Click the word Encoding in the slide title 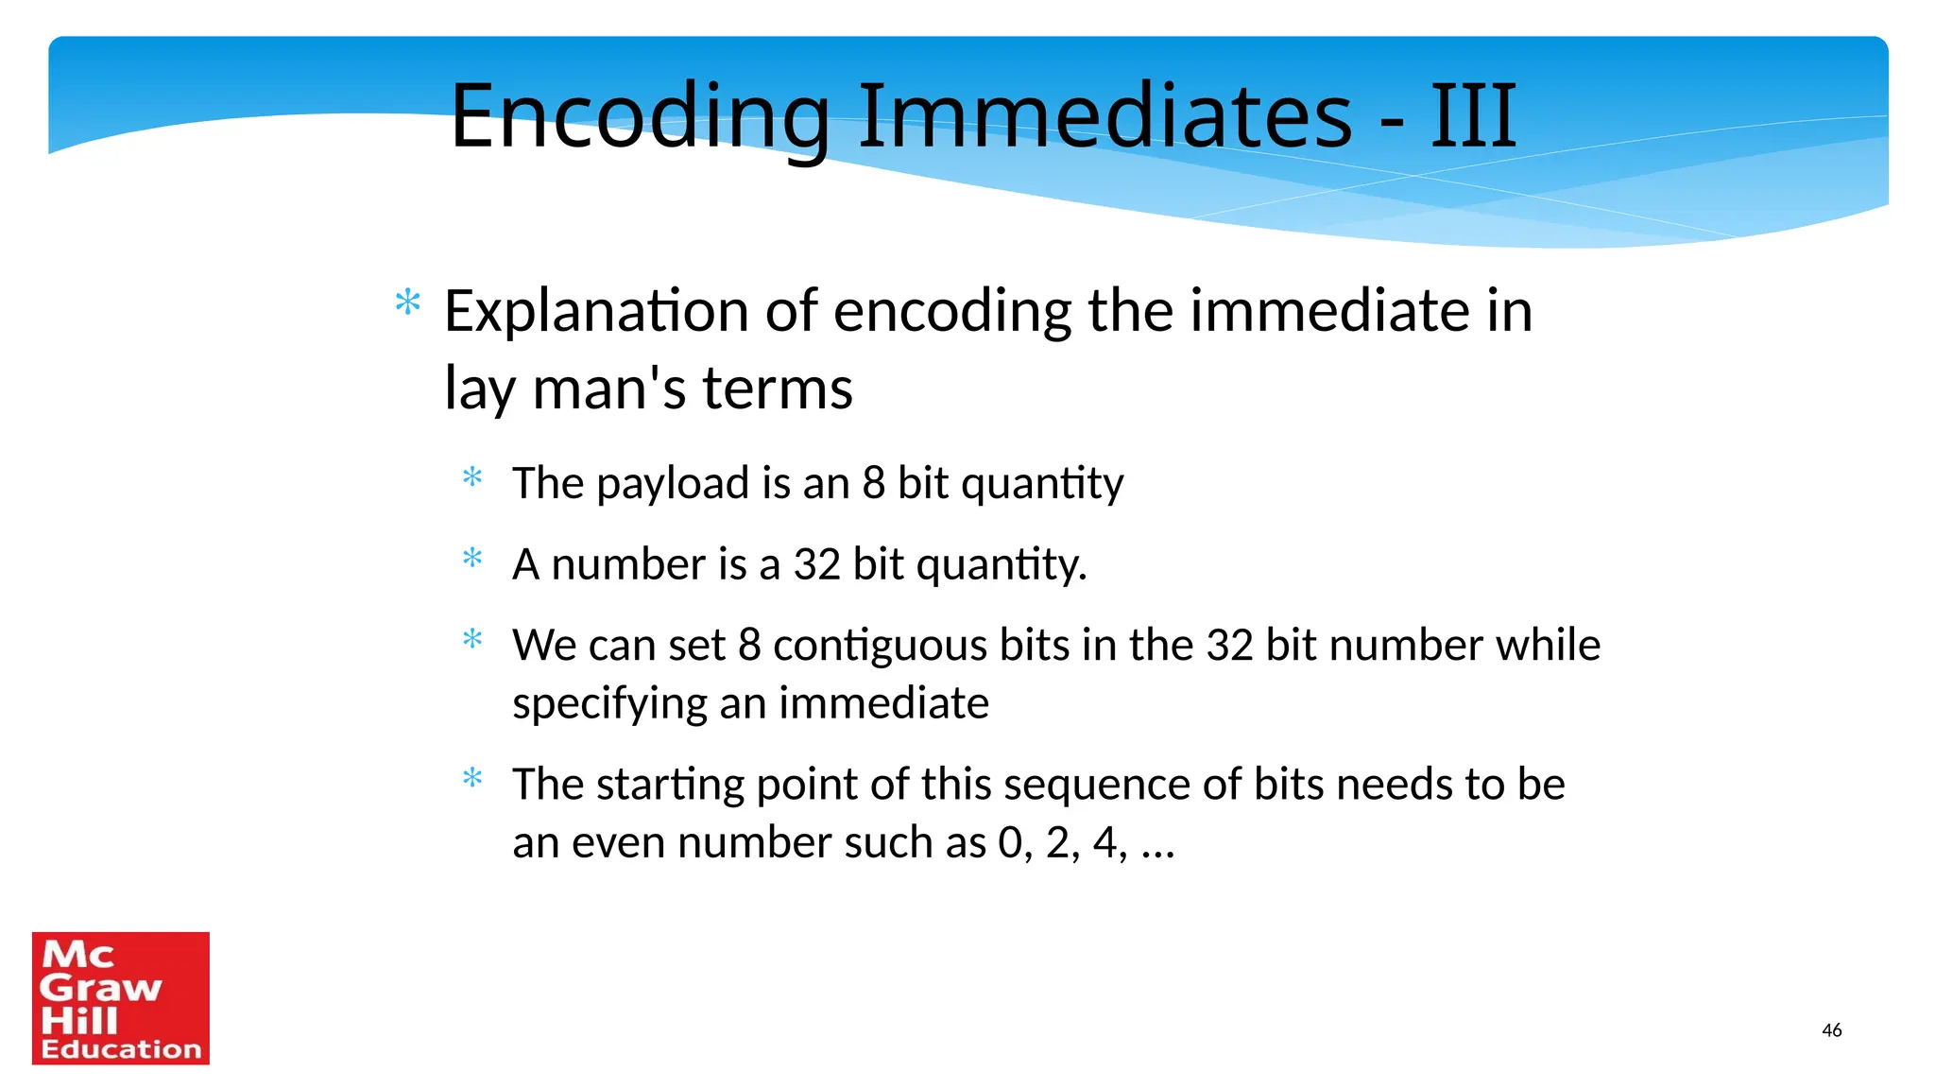tap(639, 116)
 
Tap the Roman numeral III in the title tap(1473, 116)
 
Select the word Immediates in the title tap(1104, 116)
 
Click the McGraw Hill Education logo tap(121, 998)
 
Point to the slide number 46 tap(1831, 1030)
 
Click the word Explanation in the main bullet tap(596, 311)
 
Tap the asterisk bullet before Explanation tap(408, 303)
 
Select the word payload tap(673, 484)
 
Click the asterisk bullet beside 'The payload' tap(472, 477)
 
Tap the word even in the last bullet tap(618, 842)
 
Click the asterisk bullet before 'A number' tap(472, 559)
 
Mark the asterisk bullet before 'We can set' tap(472, 640)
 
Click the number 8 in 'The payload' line tap(873, 484)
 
